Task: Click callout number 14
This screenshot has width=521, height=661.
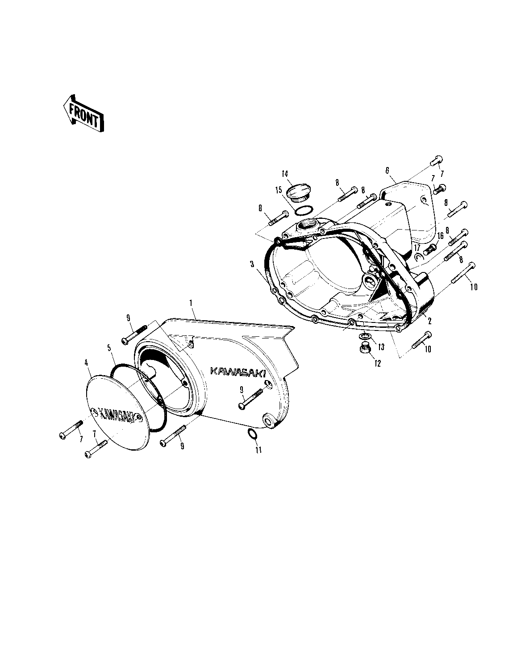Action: tap(285, 174)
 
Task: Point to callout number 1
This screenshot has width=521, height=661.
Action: tap(191, 303)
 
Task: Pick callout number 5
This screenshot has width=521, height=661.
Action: tap(108, 348)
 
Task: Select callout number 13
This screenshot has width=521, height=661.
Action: tap(381, 347)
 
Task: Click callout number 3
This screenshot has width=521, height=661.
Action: tap(252, 264)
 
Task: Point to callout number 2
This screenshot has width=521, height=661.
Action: tap(429, 321)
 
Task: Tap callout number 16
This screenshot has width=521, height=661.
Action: tap(441, 236)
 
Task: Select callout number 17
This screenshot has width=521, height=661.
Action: tap(417, 247)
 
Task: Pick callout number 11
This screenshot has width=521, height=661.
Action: tap(258, 450)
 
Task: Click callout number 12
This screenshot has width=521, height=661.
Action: tap(377, 364)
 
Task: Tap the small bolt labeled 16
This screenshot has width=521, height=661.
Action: tap(430, 250)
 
